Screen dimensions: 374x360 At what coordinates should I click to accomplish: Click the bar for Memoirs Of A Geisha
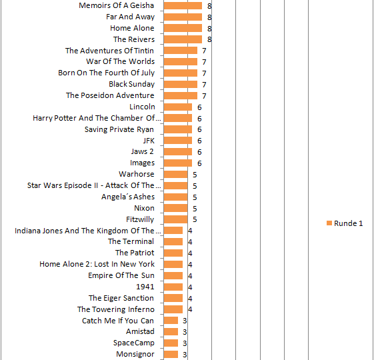183,5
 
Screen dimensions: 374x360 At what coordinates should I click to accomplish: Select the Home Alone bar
183,28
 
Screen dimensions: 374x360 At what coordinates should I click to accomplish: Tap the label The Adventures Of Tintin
109,51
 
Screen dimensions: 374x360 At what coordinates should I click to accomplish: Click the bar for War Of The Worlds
181,61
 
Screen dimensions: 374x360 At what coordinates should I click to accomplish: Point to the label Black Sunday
131,84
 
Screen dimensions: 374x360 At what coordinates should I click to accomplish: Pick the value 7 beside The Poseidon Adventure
204,96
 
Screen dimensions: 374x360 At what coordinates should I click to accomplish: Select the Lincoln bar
178,107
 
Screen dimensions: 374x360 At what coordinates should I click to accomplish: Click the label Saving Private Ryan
119,129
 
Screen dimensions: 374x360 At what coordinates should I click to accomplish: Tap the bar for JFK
178,141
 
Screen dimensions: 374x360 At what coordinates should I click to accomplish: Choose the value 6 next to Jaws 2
199,152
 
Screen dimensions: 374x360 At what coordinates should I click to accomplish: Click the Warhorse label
137,174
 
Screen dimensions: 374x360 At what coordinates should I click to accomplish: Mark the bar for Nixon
176,208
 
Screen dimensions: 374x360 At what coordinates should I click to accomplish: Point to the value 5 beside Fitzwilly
195,219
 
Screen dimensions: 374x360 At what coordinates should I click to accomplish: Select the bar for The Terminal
173,242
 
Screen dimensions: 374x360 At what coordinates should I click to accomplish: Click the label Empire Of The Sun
121,275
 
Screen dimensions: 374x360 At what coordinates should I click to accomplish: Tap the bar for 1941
173,287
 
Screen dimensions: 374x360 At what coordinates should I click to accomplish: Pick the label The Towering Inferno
116,309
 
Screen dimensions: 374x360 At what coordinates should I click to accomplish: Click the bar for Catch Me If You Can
171,321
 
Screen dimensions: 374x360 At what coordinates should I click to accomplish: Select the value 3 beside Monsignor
185,355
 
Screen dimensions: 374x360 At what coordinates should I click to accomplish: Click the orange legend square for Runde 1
329,223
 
